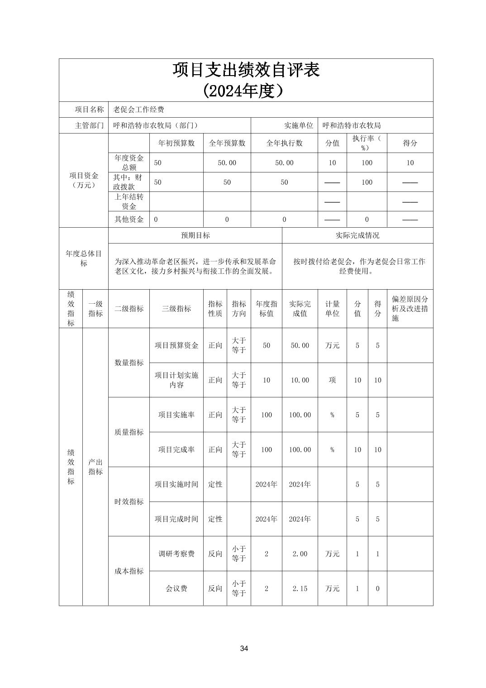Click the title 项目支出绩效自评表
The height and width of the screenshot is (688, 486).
[x=246, y=70]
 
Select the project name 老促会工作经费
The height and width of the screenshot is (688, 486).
[x=138, y=110]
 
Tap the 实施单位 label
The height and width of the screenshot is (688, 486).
[x=298, y=125]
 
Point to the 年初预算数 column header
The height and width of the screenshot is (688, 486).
[x=176, y=143]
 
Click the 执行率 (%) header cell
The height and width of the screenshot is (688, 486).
[x=367, y=143]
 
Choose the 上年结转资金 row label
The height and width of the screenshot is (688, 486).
[x=129, y=201]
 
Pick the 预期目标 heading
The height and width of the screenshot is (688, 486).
[x=195, y=235]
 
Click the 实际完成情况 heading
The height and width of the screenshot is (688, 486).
[x=357, y=235]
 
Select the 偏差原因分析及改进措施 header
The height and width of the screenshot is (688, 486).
[x=410, y=309]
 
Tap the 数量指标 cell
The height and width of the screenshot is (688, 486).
[x=129, y=363]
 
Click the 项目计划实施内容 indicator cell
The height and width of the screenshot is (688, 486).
[x=176, y=380]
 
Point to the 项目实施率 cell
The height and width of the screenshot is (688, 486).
[x=176, y=415]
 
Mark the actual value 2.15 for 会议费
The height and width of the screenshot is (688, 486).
[x=300, y=588]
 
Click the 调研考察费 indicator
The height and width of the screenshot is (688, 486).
[x=176, y=554]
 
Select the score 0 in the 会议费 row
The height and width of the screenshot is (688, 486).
[x=377, y=588]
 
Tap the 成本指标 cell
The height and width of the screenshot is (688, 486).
[x=129, y=571]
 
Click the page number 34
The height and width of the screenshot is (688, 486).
[x=244, y=649]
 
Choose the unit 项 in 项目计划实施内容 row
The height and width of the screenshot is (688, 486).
[x=332, y=380]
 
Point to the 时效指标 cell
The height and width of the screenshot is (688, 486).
[x=129, y=502]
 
